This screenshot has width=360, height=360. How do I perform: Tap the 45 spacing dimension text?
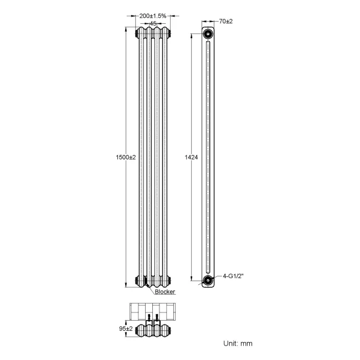pyautogui.click(x=152, y=24)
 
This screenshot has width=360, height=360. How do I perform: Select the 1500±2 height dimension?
pyautogui.click(x=125, y=157)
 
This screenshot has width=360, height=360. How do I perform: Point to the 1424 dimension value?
pyautogui.click(x=190, y=157)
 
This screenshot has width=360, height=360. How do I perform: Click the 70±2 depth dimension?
pyautogui.click(x=225, y=21)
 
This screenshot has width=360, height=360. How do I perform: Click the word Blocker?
pyautogui.click(x=165, y=291)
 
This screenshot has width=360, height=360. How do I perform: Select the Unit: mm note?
pyautogui.click(x=238, y=343)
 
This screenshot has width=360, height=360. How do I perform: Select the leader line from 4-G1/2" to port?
pyautogui.click(x=218, y=277)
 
